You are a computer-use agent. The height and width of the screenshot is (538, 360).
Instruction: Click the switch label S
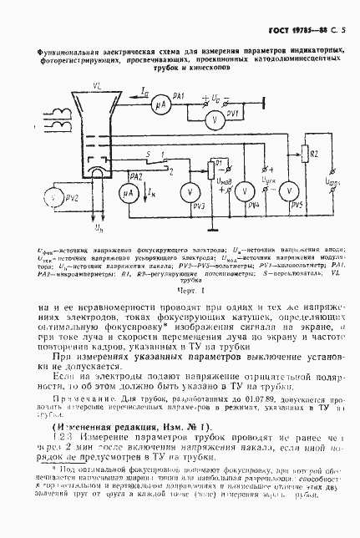coord(148,155)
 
